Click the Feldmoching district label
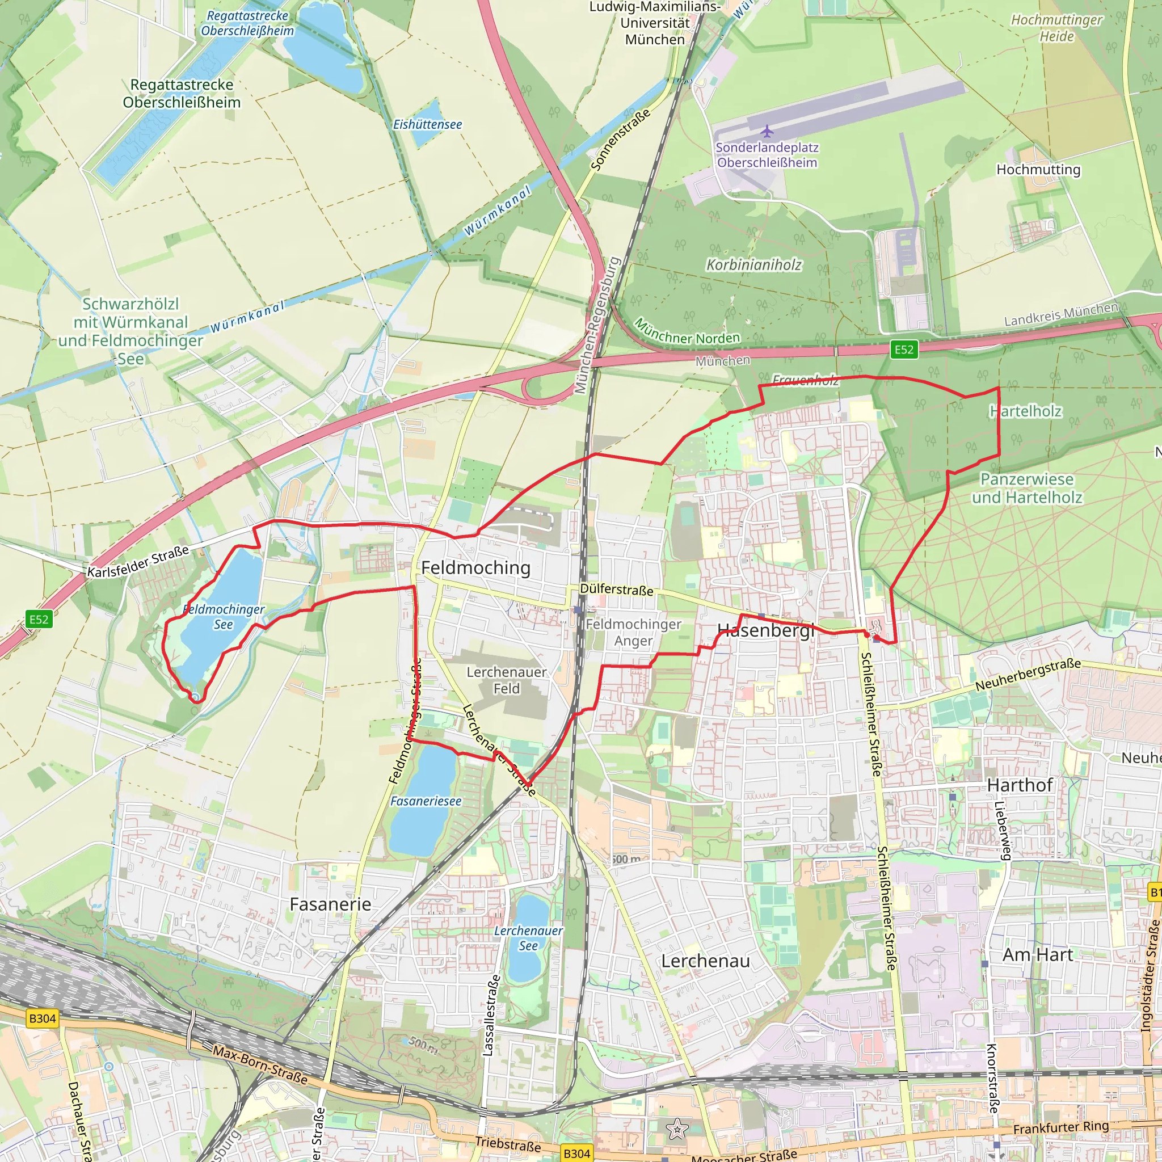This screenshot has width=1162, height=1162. pyautogui.click(x=475, y=568)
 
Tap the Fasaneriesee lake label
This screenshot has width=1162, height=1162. pyautogui.click(x=426, y=801)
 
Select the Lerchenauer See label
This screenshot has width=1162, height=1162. pyautogui.click(x=528, y=938)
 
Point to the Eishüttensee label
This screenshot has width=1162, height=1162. pyautogui.click(x=427, y=124)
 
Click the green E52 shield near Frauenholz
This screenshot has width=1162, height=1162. pyautogui.click(x=903, y=350)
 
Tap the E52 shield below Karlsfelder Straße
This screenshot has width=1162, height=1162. pyautogui.click(x=39, y=619)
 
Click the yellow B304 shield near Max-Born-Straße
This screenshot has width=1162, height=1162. pyautogui.click(x=42, y=1018)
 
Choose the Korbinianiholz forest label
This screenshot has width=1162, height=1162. pyautogui.click(x=753, y=264)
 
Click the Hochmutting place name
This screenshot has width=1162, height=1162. pyautogui.click(x=1038, y=170)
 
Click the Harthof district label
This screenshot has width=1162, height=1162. pyautogui.click(x=1020, y=785)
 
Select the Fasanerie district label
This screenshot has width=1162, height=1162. pyautogui.click(x=330, y=904)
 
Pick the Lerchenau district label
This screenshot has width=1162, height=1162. pyautogui.click(x=705, y=961)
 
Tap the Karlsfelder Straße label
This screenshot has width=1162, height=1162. pyautogui.click(x=138, y=561)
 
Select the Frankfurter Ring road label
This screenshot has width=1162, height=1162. pyautogui.click(x=1060, y=1127)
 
